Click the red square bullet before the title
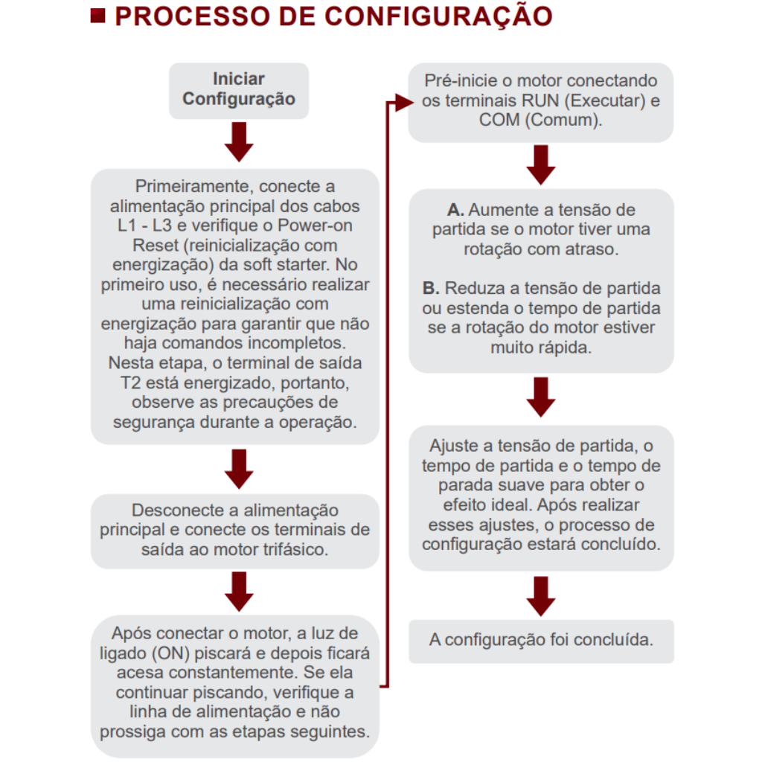tap(97, 16)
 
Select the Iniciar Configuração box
tap(239, 89)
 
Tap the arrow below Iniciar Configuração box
tap(239, 142)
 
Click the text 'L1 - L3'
tap(144, 225)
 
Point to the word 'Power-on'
tap(321, 225)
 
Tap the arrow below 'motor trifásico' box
tap(239, 592)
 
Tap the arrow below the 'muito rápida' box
tap(541, 397)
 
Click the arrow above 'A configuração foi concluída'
tap(541, 595)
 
